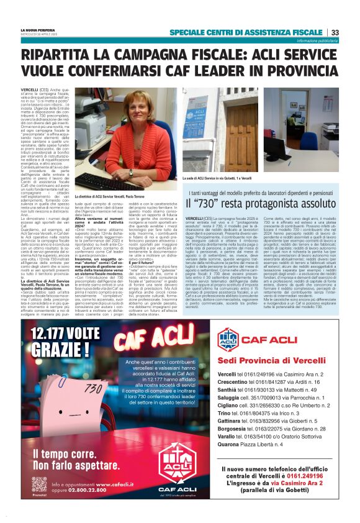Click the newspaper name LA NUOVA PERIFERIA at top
(38, 30)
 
